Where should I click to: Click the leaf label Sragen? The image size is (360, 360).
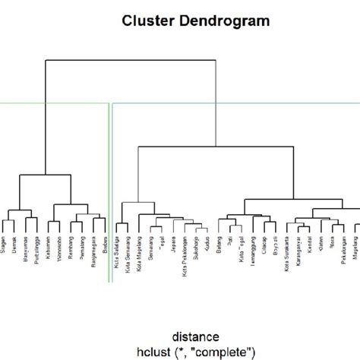[x=4, y=247]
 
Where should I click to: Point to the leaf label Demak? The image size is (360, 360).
[x=14, y=246]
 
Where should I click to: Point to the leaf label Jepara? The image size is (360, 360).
[x=173, y=246]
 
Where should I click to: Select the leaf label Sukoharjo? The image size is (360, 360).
[x=196, y=250]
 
